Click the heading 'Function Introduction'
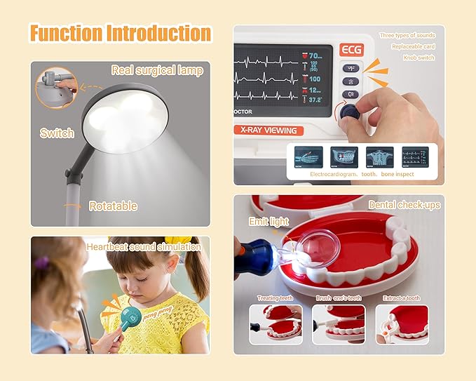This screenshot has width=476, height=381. coord(119,33)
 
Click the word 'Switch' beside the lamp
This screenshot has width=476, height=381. coord(57,133)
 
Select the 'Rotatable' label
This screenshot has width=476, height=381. coord(112,206)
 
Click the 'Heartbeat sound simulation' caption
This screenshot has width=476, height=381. coord(143,247)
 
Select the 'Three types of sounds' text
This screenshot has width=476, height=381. coord(407,35)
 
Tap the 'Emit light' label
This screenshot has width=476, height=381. coord(268,221)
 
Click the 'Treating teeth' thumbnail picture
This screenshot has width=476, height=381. coord(276,324)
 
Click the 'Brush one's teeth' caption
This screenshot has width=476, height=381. coord(339,298)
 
